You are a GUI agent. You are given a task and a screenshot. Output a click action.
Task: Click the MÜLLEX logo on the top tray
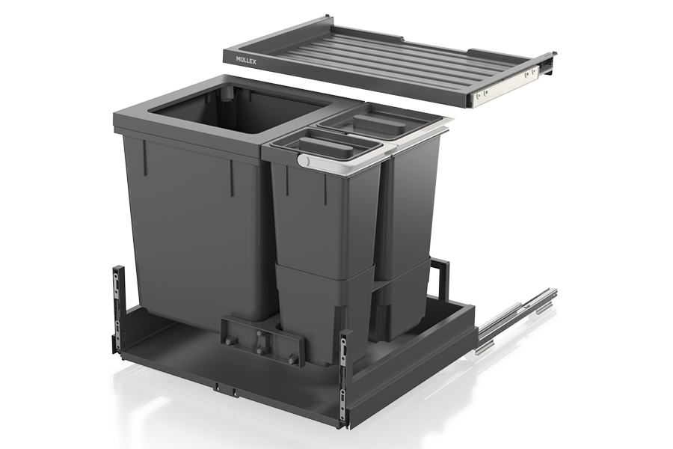coord(246,61)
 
